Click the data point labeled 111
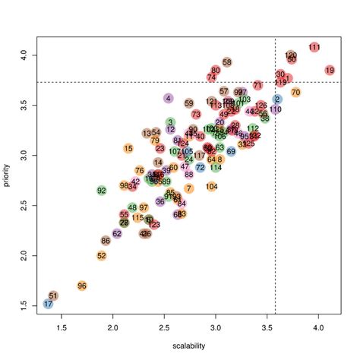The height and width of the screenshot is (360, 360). tap(314, 47)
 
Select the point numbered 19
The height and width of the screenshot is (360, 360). tap(330, 70)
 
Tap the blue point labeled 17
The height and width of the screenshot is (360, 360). tap(48, 304)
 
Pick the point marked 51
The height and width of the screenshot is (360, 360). tap(53, 295)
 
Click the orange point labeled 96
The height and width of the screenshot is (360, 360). tap(82, 286)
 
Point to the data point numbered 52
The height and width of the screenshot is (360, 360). tap(102, 256)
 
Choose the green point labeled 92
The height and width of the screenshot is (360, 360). tap(101, 190)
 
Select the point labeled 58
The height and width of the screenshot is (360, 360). tap(227, 62)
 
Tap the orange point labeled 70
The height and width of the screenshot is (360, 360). tap(295, 93)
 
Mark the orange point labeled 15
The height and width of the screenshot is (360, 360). tap(128, 149)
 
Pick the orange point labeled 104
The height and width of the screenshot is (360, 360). tap(212, 186)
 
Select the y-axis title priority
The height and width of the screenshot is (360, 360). tap(8, 180)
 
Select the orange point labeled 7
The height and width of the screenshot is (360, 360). tap(188, 188)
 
